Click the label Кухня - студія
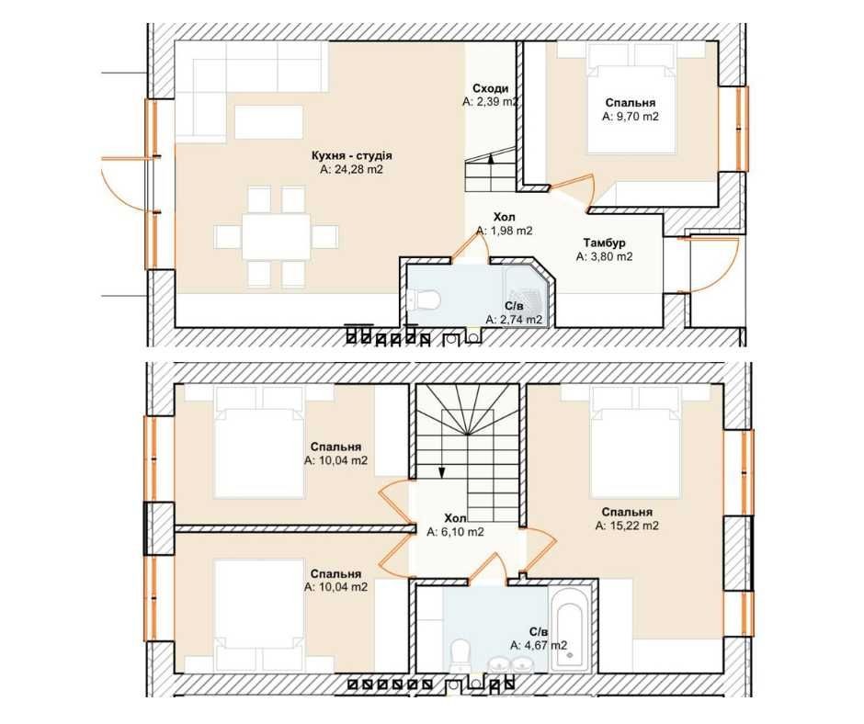click(x=351, y=156)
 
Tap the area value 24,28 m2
click(x=351, y=170)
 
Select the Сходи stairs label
click(x=490, y=89)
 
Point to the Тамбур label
click(x=604, y=243)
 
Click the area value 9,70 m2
click(x=631, y=117)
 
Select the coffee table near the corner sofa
click(x=269, y=122)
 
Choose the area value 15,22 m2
click(x=627, y=526)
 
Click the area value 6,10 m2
click(x=456, y=532)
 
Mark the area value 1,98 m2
click(x=505, y=232)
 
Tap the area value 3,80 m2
click(x=605, y=256)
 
